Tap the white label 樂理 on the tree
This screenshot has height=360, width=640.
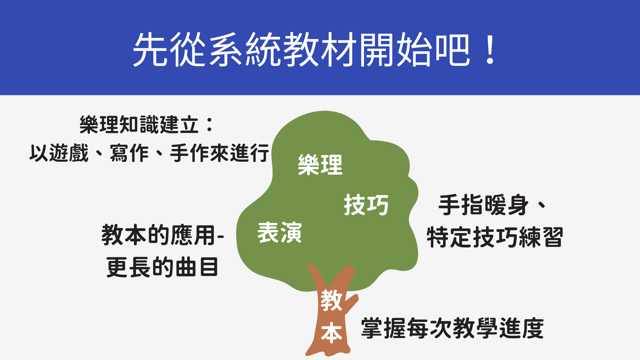coord(320,165)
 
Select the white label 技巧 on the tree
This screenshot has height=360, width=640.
coord(366,205)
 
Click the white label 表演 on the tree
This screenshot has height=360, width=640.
coord(279,232)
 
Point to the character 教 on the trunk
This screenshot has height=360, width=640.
coord(331,300)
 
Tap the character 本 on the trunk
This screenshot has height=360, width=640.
coord(331,333)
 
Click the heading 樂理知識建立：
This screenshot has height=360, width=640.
coord(147,125)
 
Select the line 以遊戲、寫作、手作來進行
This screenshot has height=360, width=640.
coord(149,153)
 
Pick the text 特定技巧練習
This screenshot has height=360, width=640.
coord(495,237)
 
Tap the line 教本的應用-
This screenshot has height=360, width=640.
coord(163,235)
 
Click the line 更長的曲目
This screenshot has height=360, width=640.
coord(162,267)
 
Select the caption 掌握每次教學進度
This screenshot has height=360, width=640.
coord(452,328)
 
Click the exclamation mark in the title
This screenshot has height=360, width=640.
coord(490,49)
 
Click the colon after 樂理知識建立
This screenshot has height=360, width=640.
coord(210,125)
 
